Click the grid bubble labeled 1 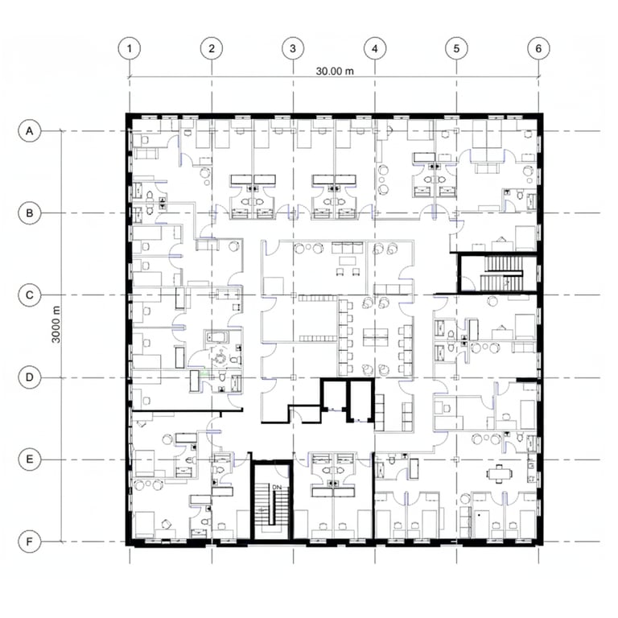(x=130, y=48)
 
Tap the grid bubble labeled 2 (x=212, y=48)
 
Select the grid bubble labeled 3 (x=293, y=48)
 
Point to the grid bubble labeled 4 (x=375, y=48)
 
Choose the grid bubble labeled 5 (x=456, y=48)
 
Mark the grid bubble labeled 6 (x=538, y=48)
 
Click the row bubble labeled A (x=30, y=131)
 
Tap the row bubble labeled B (x=30, y=213)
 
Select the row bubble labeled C (x=30, y=295)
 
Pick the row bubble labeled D (x=30, y=377)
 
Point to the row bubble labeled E (x=30, y=459)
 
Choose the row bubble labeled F (x=30, y=542)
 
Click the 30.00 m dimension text (x=335, y=72)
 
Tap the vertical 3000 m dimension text (x=56, y=324)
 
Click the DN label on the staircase (x=277, y=487)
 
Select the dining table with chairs (x=500, y=474)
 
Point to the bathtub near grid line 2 (x=216, y=337)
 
